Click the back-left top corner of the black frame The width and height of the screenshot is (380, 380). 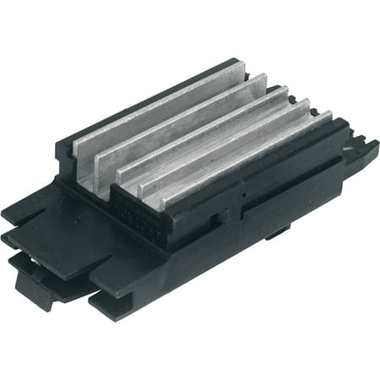click(63, 148)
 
